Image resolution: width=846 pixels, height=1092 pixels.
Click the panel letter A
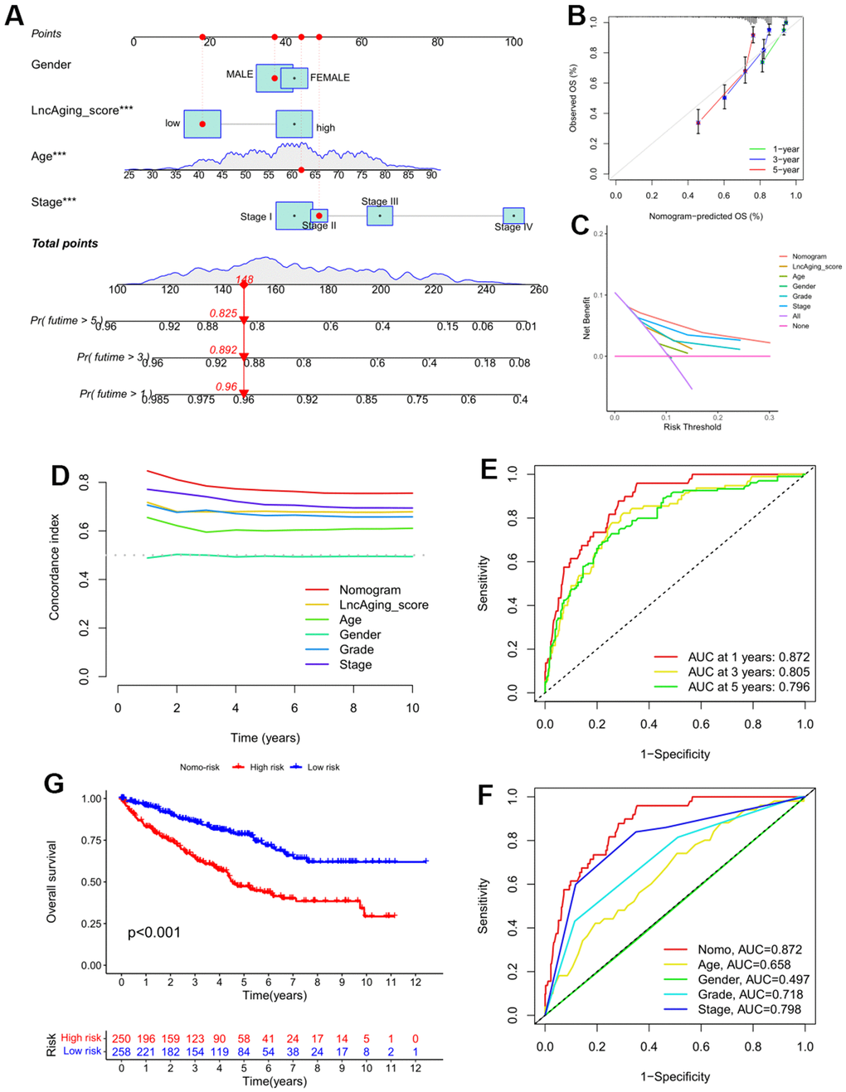(x=14, y=16)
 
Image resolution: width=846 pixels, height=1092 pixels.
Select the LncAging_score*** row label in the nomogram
(x=81, y=110)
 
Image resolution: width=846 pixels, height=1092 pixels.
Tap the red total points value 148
(x=245, y=280)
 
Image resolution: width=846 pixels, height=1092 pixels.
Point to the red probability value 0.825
(x=223, y=313)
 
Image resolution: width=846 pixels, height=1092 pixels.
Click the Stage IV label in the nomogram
(x=513, y=227)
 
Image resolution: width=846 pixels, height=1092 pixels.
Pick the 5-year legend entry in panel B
(x=785, y=170)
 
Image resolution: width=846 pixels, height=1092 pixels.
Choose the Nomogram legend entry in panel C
(x=809, y=257)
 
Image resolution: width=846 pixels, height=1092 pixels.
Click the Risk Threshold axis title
(x=692, y=427)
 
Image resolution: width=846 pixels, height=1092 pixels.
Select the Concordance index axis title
(x=55, y=566)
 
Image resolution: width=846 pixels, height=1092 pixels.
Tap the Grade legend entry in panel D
(x=356, y=649)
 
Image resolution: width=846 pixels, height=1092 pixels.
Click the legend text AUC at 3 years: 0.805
(x=748, y=672)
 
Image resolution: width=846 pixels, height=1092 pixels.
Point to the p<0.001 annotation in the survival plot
(x=153, y=933)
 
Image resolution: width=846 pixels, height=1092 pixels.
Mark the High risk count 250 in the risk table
(x=121, y=1038)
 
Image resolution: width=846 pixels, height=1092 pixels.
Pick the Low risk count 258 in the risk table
(x=121, y=1051)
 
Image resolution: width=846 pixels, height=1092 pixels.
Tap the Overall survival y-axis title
(x=51, y=881)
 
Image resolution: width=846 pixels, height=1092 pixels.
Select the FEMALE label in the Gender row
(x=329, y=78)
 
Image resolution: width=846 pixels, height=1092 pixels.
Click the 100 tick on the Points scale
(x=513, y=42)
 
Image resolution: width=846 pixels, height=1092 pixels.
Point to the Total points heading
(x=65, y=244)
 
